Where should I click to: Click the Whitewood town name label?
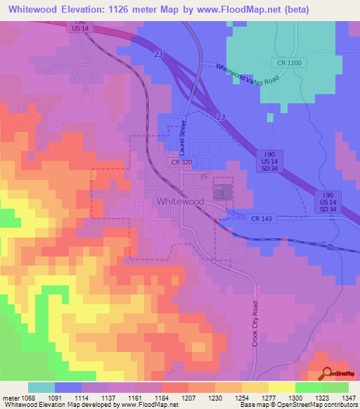(180, 202)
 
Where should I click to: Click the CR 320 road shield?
(181, 162)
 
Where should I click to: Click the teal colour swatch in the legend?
(41, 387)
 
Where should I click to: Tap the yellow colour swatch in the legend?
(282, 387)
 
